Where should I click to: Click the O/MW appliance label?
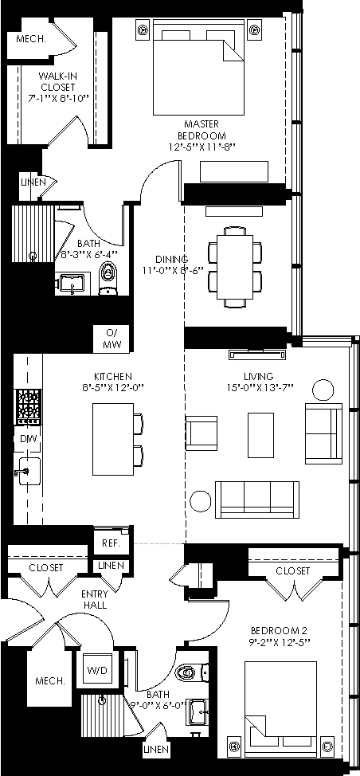tap(112, 339)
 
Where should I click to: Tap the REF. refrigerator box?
tap(112, 543)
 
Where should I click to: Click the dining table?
tap(235, 266)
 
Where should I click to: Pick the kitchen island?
tap(113, 439)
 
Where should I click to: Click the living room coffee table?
tap(260, 436)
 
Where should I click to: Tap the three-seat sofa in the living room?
tap(257, 500)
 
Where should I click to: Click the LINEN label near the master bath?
tap(33, 182)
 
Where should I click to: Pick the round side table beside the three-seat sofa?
tap(201, 501)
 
